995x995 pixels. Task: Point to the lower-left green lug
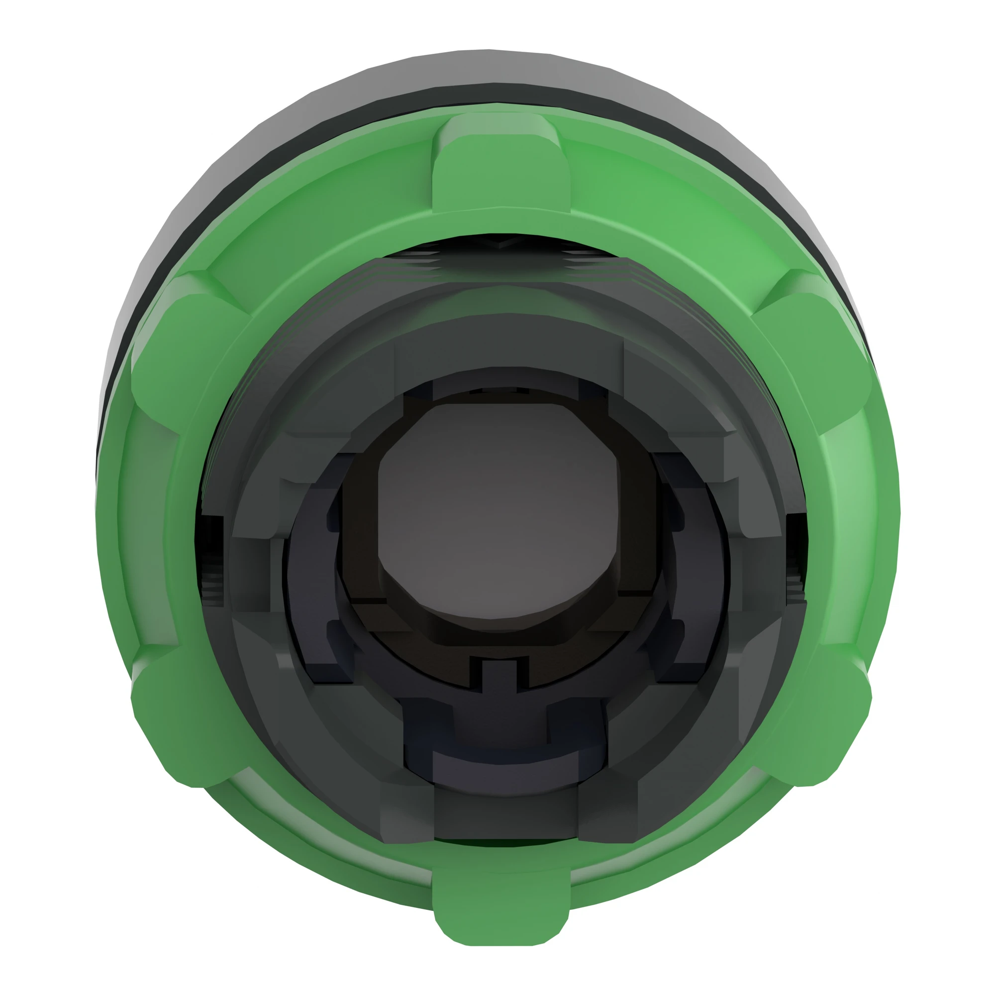pyautogui.click(x=186, y=721)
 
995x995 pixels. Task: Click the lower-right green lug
pyautogui.click(x=814, y=721)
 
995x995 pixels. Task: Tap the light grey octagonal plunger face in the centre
pyautogui.click(x=497, y=515)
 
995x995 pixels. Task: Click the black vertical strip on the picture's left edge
pyautogui.click(x=23, y=497)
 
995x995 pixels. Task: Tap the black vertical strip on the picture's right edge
pyautogui.click(x=971, y=497)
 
